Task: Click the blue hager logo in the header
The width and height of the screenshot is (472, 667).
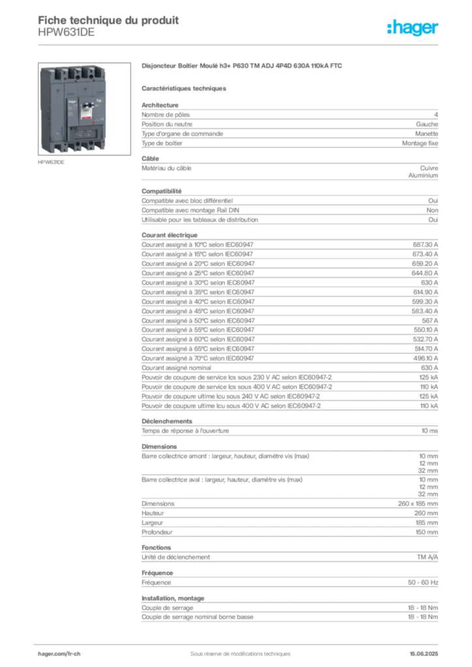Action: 413,28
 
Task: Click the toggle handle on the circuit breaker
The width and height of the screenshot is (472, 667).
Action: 87,105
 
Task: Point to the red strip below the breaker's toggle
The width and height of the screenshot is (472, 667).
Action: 86,118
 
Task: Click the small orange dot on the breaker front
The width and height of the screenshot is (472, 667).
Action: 93,122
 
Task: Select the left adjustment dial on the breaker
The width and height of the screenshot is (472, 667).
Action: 80,135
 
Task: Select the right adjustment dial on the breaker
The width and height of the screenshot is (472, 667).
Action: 89,135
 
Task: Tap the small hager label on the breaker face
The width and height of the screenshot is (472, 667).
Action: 72,101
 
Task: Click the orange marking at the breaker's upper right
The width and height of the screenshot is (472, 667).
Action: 102,100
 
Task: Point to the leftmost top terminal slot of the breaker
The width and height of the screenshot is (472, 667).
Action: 58,74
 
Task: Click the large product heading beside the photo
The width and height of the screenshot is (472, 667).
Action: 241,66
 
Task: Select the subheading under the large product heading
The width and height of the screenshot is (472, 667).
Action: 185,87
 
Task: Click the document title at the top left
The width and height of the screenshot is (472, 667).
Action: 108,18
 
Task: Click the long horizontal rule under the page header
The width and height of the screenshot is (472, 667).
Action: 261,44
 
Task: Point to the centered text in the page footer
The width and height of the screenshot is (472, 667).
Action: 236,649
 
